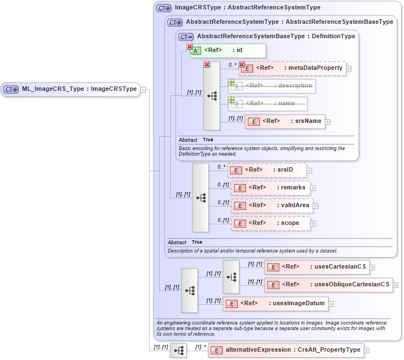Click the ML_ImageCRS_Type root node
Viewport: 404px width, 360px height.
(x=70, y=89)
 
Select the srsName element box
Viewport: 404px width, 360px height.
(x=285, y=121)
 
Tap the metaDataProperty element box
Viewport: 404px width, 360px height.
(x=293, y=68)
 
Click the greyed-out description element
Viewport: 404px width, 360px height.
(x=272, y=86)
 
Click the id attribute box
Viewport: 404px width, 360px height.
(x=227, y=50)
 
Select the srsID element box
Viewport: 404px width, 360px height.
(x=267, y=170)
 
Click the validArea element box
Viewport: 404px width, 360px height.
(x=272, y=205)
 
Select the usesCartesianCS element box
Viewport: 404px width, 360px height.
(x=316, y=267)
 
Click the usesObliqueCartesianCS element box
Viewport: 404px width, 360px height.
(x=328, y=285)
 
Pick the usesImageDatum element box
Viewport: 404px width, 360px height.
(x=275, y=304)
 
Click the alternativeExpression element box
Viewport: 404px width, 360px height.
(x=285, y=350)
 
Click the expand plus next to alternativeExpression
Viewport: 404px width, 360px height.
(x=366, y=351)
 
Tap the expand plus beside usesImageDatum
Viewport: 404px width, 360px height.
(x=331, y=304)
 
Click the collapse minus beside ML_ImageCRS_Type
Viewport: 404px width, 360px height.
(x=143, y=89)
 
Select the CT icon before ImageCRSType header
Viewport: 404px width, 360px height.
(x=163, y=8)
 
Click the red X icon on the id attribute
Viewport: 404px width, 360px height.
(x=190, y=47)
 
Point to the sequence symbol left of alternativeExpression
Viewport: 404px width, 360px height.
(x=178, y=351)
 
